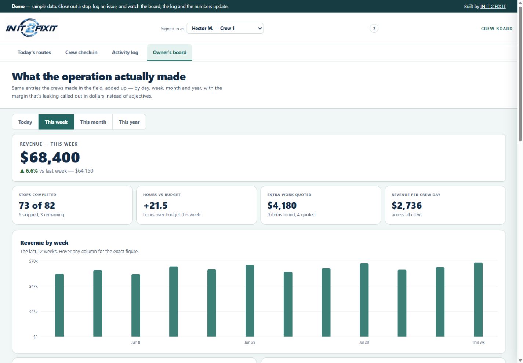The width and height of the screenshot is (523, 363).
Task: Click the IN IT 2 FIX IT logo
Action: (x=32, y=28)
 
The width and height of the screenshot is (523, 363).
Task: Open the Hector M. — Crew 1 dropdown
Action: (x=225, y=28)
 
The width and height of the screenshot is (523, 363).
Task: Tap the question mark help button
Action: (x=374, y=29)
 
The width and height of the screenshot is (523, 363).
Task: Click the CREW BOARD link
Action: (x=497, y=29)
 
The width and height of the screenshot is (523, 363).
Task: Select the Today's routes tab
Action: (x=34, y=52)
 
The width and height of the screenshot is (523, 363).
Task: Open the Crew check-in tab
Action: (x=81, y=52)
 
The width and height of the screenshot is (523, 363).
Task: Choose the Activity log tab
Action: (x=125, y=52)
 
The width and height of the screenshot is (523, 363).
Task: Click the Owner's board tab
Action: (x=170, y=52)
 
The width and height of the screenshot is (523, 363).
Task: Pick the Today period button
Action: (x=25, y=122)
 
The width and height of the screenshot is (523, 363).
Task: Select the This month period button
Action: (x=93, y=122)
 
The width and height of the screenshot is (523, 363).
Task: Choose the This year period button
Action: (x=129, y=122)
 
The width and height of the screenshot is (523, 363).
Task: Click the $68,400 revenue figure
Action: (x=50, y=157)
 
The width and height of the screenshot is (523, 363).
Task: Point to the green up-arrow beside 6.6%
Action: (x=22, y=171)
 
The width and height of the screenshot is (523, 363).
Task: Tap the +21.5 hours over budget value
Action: (x=155, y=206)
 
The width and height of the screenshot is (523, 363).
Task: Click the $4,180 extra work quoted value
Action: (x=282, y=206)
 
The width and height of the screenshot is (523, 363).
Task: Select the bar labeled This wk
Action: (x=478, y=300)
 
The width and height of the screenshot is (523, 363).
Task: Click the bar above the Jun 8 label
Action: (x=136, y=305)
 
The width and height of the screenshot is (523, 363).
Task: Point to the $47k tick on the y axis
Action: (x=33, y=286)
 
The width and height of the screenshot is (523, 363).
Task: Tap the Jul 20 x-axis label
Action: (x=364, y=342)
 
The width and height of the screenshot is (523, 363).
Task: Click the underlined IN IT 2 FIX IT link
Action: (x=493, y=6)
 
